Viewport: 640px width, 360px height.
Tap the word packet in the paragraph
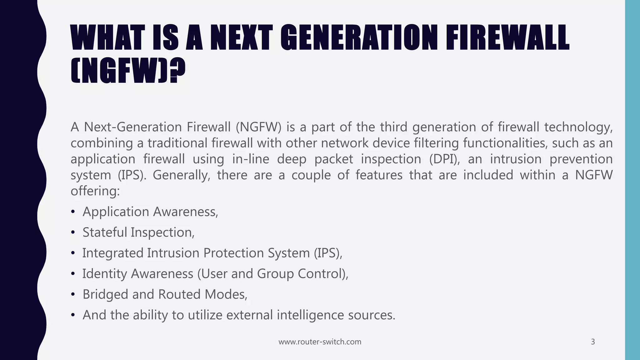point(333,159)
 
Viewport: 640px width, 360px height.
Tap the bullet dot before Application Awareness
point(73,212)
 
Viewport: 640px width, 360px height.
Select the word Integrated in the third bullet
point(113,253)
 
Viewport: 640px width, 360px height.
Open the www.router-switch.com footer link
point(320,342)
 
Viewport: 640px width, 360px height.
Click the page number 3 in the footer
point(593,342)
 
